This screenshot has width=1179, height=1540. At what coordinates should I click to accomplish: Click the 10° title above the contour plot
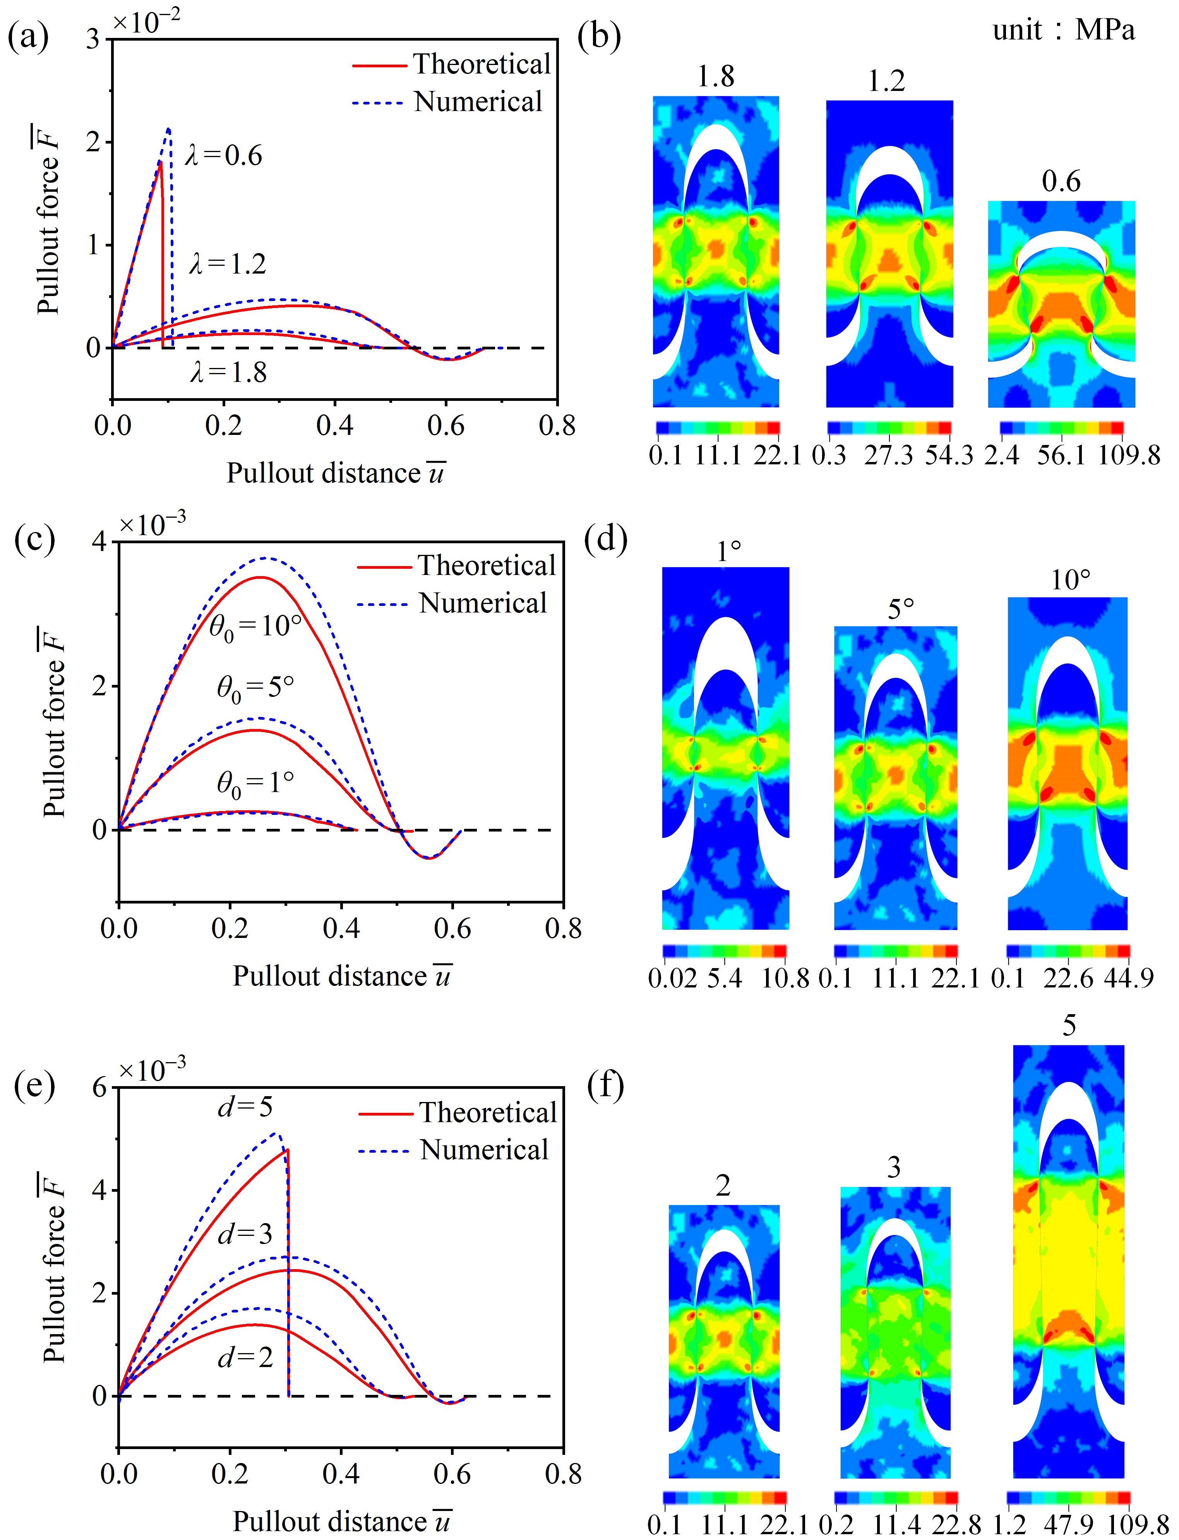pyautogui.click(x=1070, y=581)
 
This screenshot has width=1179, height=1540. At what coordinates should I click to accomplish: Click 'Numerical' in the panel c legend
pyautogui.click(x=483, y=603)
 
